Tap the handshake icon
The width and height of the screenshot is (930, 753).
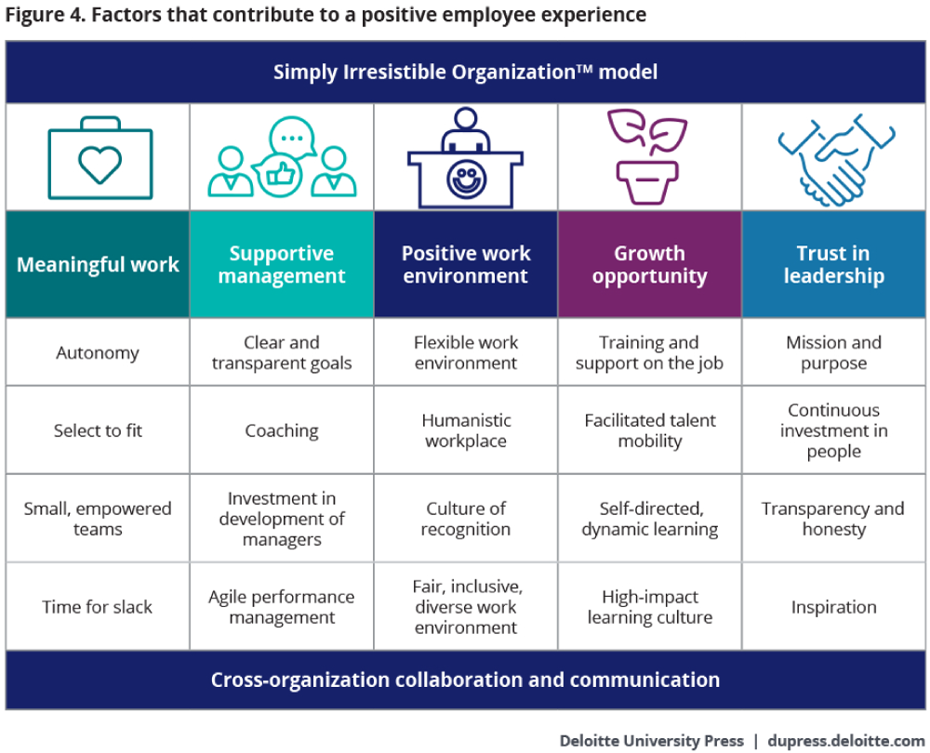pyautogui.click(x=833, y=157)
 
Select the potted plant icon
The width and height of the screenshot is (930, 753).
pyautogui.click(x=649, y=156)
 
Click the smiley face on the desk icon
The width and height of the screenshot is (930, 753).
pyautogui.click(x=464, y=178)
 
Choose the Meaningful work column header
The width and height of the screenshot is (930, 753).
pyautogui.click(x=98, y=265)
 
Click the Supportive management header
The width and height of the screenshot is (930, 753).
pyautogui.click(x=282, y=265)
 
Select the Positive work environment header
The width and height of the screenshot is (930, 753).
pyautogui.click(x=465, y=265)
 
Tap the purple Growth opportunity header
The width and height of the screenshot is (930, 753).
pyautogui.click(x=649, y=265)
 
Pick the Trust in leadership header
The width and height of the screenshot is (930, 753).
pyautogui.click(x=833, y=265)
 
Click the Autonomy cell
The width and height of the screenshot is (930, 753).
pyautogui.click(x=98, y=353)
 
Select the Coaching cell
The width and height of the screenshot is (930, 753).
pyautogui.click(x=282, y=430)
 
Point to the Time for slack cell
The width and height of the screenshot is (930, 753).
pyautogui.click(x=98, y=607)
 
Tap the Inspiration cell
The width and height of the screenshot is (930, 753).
pyautogui.click(x=833, y=607)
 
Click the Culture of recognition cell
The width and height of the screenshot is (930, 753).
pyautogui.click(x=465, y=519)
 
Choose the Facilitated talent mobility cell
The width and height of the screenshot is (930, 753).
pyautogui.click(x=649, y=430)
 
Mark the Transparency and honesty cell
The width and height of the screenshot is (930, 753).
pyautogui.click(x=833, y=519)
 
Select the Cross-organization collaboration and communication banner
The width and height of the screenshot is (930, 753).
pyautogui.click(x=465, y=680)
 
